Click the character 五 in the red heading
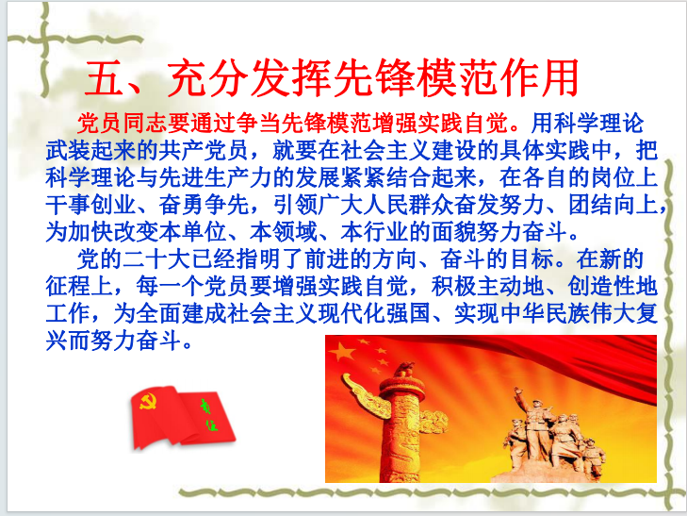coord(105,78)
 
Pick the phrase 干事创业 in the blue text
coord(90,205)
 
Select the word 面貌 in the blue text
coord(453,232)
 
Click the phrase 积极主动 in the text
coord(476,286)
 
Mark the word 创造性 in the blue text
coord(601,286)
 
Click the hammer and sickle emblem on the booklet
coord(148,401)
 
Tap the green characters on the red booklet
coord(209,414)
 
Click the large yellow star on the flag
coord(341,351)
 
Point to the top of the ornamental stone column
coord(406,367)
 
